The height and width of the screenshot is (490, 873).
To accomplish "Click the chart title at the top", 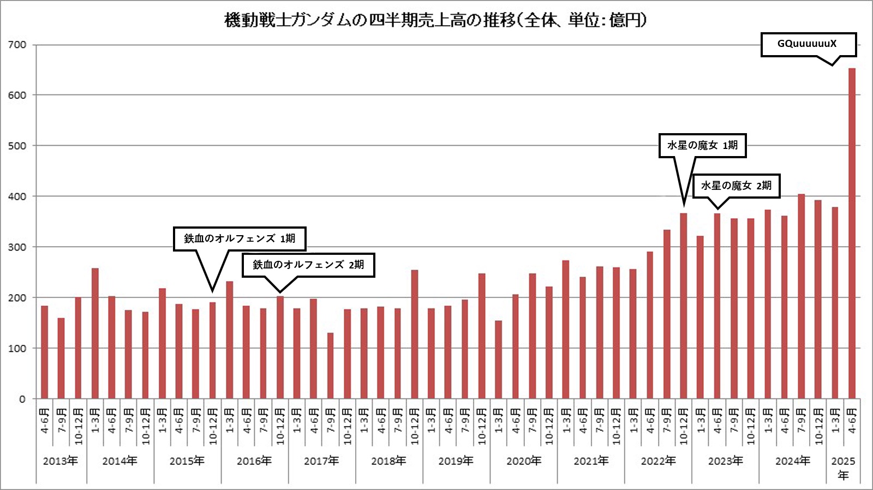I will point(435,20).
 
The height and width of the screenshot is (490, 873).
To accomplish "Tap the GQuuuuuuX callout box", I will point(808,44).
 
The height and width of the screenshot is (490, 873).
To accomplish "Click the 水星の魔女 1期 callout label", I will point(702,146).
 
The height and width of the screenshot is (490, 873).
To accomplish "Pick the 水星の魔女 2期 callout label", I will point(736,186).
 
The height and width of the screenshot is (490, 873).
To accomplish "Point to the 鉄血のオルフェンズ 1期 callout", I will point(240,239).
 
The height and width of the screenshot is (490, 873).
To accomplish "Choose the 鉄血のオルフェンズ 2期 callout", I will point(308,265).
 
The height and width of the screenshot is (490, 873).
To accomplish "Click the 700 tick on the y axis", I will point(17,45).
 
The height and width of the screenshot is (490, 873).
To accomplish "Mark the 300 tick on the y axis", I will point(17,247).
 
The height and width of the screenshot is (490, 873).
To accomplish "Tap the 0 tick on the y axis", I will point(22,399).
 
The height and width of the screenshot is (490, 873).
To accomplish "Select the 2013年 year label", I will point(61,461).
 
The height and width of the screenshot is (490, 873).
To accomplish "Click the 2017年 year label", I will point(321,461).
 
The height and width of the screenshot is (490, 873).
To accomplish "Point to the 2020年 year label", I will point(523,461).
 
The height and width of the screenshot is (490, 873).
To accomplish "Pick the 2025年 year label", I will point(843,468).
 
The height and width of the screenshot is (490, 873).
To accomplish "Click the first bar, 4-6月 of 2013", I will point(44,352).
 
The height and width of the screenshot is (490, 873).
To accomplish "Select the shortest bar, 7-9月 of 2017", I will point(330,366).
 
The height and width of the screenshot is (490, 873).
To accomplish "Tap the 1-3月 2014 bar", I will point(95,333).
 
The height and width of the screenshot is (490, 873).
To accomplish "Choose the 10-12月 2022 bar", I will point(684,306).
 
